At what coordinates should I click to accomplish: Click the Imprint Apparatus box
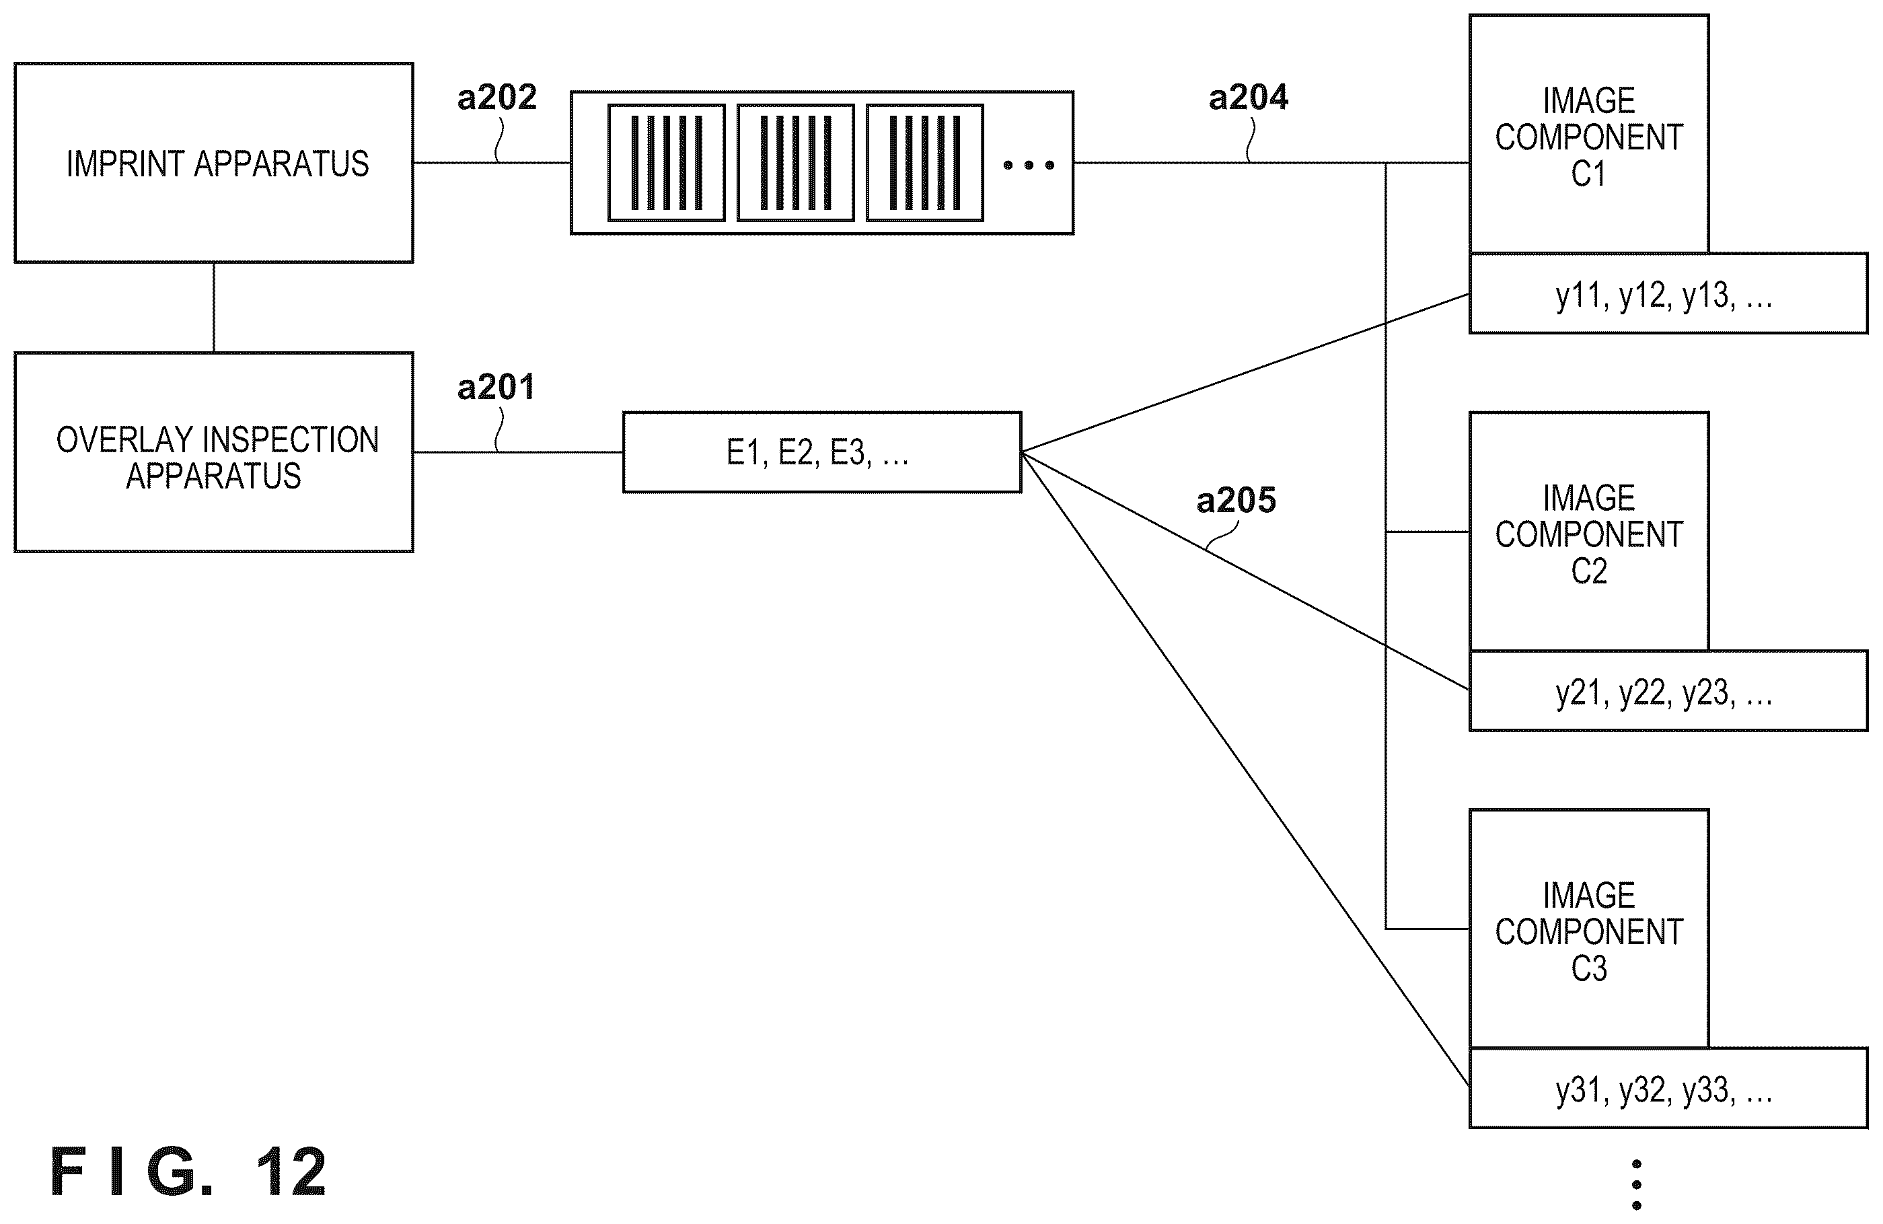point(214,163)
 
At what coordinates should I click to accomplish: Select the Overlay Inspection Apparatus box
point(214,452)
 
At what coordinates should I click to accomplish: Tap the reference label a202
point(497,98)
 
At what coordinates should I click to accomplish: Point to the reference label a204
point(1249,98)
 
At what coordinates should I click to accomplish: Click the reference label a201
point(496,387)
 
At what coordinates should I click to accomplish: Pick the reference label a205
point(1236,500)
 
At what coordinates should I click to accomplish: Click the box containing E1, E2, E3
point(822,452)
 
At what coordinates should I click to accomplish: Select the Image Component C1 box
point(1589,134)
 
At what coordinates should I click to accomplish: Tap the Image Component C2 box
point(1589,532)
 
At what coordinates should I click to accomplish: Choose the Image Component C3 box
point(1589,929)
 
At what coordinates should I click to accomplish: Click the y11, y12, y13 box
point(1668,293)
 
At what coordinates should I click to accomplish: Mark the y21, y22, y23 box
point(1668,690)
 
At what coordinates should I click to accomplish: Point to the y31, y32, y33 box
point(1668,1089)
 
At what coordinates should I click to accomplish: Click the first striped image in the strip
point(666,162)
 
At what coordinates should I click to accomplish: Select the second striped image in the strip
point(795,162)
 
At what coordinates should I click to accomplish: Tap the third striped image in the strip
point(925,162)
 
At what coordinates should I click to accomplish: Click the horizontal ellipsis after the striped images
point(1029,165)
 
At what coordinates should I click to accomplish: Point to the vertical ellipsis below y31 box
point(1636,1184)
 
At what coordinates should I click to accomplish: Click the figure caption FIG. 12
point(188,1171)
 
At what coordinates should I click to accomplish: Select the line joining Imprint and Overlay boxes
point(214,307)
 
